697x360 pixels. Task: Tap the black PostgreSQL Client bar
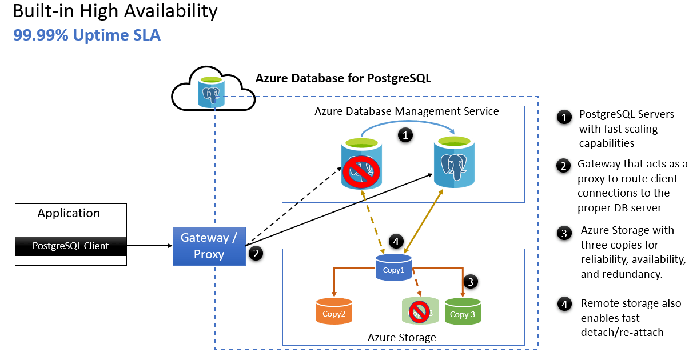click(x=70, y=246)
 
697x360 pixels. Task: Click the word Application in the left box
click(x=69, y=214)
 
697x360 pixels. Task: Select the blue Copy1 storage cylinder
click(x=394, y=268)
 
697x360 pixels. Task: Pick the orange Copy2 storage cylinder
click(x=334, y=312)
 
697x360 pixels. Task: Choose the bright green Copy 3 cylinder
click(x=462, y=312)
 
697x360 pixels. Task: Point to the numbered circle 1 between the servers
click(x=405, y=136)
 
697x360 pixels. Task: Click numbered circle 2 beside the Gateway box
click(x=256, y=254)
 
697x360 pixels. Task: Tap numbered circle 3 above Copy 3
click(x=469, y=281)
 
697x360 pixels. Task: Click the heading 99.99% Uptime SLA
click(x=87, y=35)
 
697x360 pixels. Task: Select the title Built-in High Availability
click(x=115, y=11)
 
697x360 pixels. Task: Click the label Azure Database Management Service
click(x=407, y=111)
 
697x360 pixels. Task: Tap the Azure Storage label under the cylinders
click(x=401, y=338)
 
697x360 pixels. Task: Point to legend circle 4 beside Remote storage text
click(x=564, y=303)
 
